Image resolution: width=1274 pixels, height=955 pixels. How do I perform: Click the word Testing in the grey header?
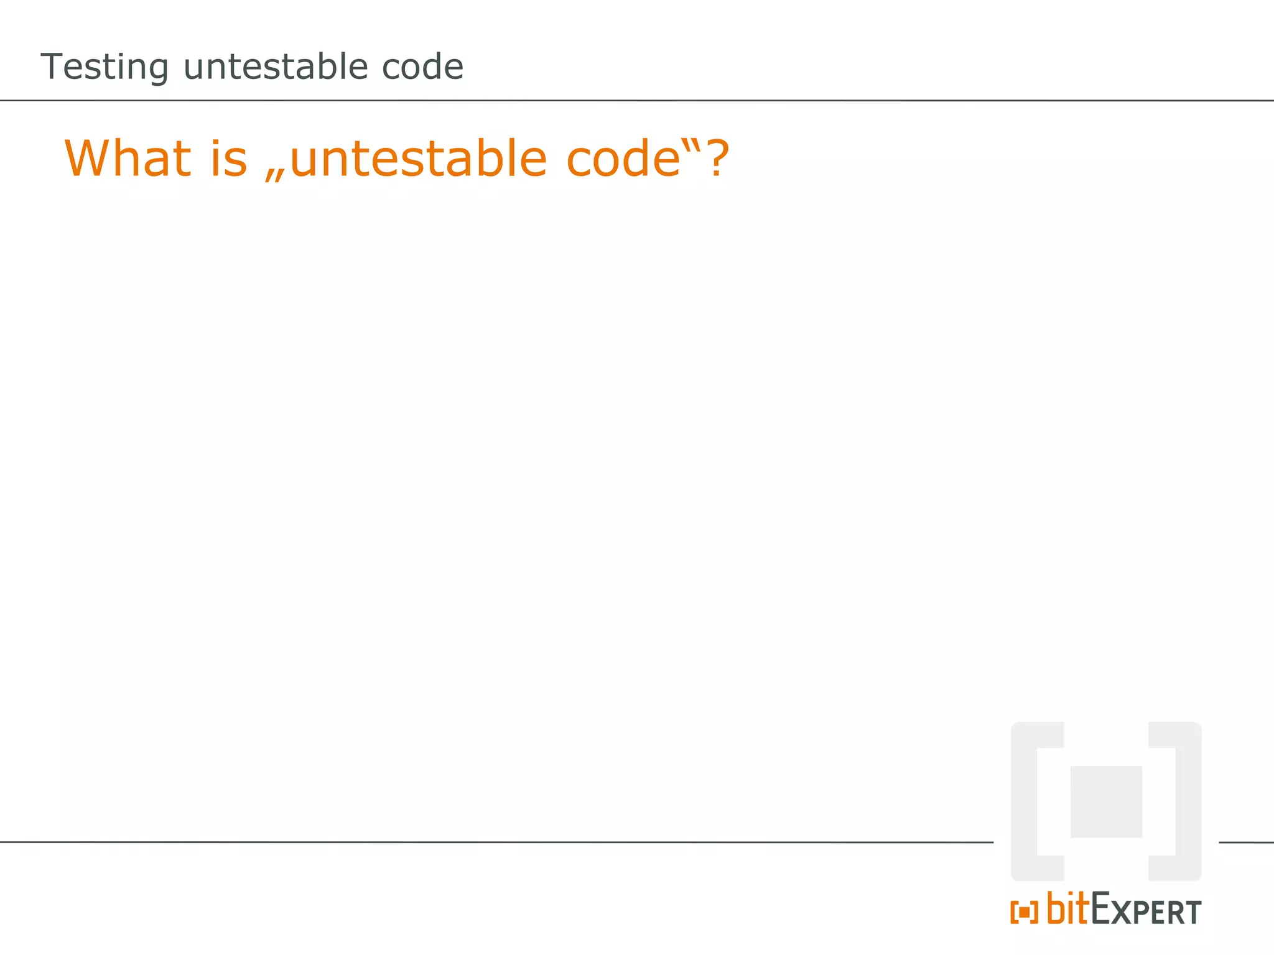pos(105,67)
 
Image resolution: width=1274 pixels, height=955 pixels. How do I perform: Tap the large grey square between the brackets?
pos(1105,801)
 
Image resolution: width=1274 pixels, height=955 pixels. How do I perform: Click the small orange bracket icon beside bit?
pos(1024,912)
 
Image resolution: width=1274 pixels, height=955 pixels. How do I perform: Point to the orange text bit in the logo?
pos(1068,908)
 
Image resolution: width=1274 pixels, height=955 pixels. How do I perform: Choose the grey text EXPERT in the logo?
pos(1146,910)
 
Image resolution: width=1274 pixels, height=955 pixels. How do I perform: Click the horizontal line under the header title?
pos(637,100)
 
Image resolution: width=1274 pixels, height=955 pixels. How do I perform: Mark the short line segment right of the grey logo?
pos(1246,842)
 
